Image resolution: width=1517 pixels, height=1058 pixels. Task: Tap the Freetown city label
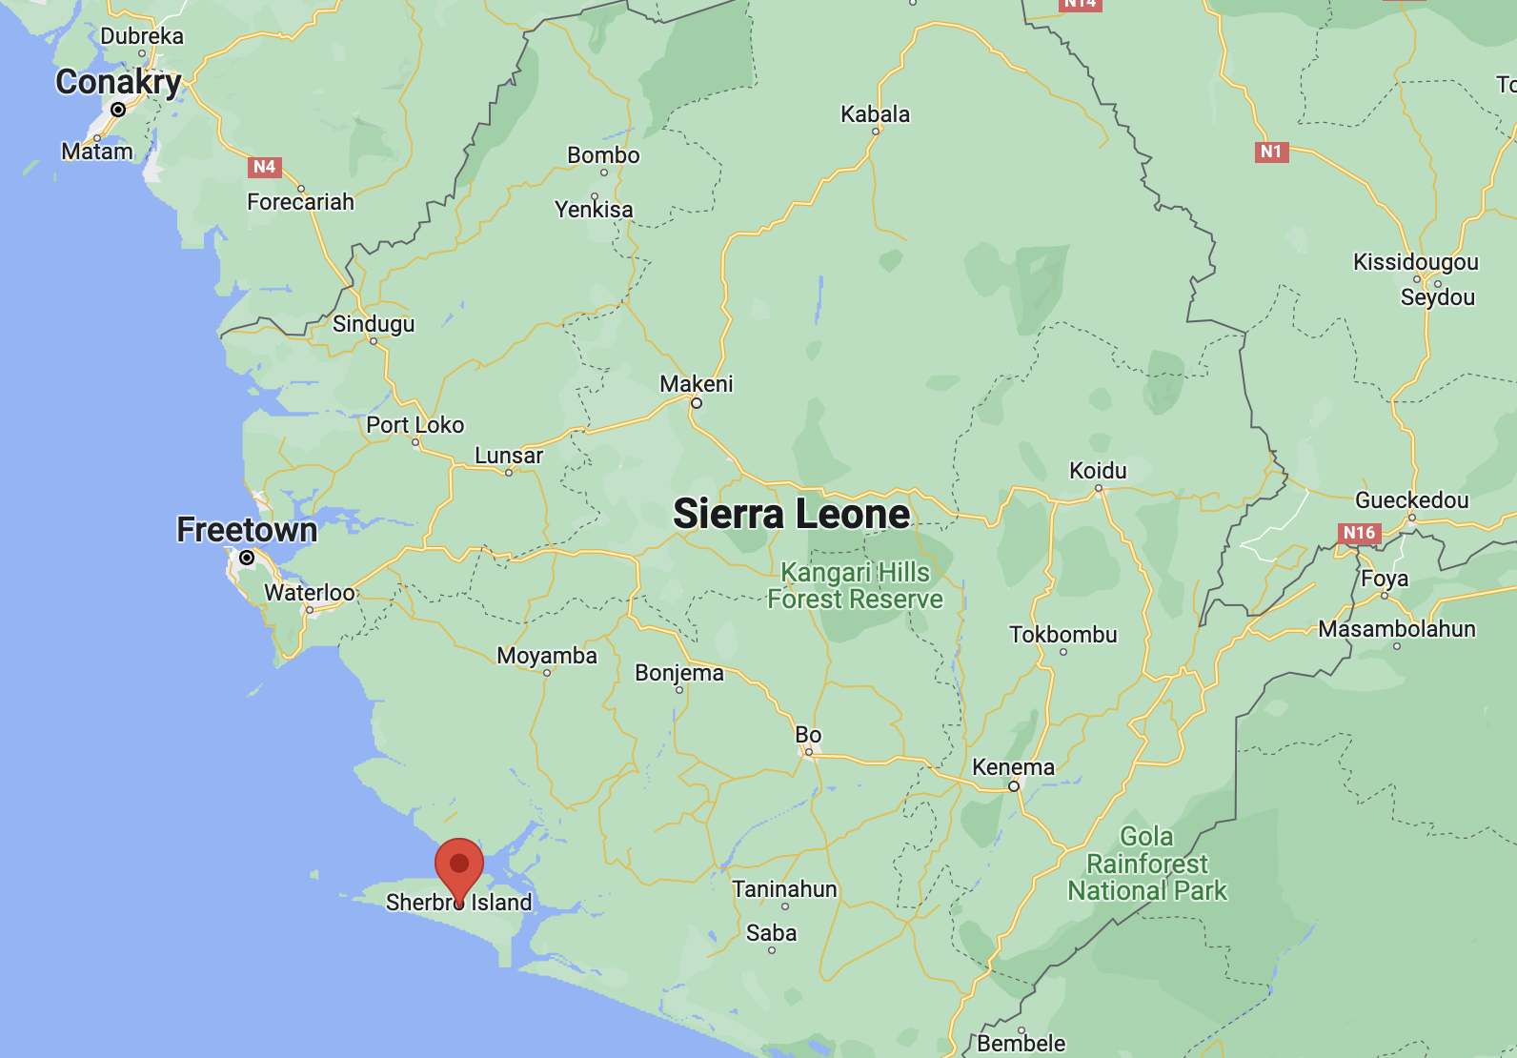pos(247,530)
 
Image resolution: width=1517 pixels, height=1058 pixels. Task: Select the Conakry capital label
pos(118,82)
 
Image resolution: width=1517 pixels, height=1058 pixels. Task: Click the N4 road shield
pos(264,167)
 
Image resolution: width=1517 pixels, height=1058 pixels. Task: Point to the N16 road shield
pos(1359,533)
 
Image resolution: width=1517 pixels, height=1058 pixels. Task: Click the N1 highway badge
pos(1271,152)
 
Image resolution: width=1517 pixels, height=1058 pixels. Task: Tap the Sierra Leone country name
pos(791,515)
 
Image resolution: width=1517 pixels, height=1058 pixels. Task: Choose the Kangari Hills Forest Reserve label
pos(855,585)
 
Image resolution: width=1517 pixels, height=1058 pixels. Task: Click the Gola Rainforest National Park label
pos(1147,864)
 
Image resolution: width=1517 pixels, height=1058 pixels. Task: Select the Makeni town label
pos(697,384)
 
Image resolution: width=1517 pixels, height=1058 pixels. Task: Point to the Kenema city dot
pos(1014,786)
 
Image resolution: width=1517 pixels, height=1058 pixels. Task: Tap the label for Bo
pos(808,735)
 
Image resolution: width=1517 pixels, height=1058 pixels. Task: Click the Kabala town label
pos(875,114)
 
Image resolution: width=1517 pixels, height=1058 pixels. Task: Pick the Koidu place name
pos(1098,471)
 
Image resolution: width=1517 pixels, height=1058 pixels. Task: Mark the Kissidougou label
pos(1415,262)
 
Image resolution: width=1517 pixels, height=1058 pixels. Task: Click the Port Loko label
pos(415,425)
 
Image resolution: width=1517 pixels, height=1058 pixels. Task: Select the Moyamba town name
pos(547,656)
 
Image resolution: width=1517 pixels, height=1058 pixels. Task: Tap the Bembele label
pos(1021,1044)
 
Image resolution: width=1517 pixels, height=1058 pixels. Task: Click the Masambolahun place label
pos(1396,629)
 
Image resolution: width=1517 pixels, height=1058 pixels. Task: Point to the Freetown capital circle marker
pos(247,558)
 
